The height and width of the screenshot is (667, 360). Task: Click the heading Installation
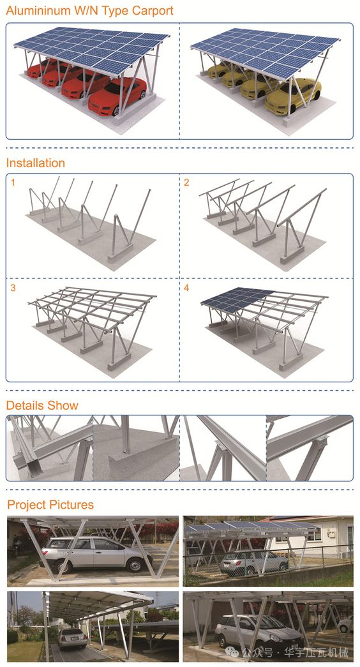[35, 163]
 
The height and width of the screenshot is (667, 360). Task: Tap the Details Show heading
[42, 405]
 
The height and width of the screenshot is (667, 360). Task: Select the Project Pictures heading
[50, 505]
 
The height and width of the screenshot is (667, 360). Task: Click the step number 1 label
[13, 183]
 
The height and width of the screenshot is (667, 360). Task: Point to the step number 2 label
[186, 183]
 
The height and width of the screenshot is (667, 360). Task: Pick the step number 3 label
[13, 288]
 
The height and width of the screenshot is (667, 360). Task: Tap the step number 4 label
[186, 288]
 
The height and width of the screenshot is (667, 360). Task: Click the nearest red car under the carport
[117, 96]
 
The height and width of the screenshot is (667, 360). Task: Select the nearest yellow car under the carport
[293, 96]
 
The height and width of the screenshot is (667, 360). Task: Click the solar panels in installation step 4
[237, 299]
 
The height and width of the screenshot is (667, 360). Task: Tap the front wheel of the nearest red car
[116, 110]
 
